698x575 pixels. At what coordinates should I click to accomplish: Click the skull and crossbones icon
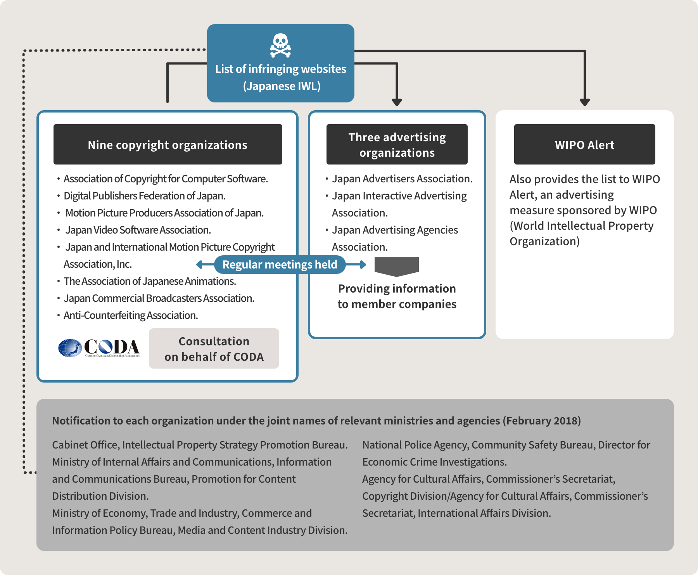pos(280,45)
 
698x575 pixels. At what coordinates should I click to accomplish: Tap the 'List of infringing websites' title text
pos(281,69)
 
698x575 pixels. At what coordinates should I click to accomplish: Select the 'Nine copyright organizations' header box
pos(168,144)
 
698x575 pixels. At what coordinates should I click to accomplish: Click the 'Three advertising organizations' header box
pos(397,144)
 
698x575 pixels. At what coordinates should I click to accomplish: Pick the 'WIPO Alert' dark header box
pos(585,144)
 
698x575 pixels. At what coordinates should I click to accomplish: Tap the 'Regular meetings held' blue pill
pos(280,265)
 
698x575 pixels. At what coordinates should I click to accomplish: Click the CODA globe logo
pos(70,348)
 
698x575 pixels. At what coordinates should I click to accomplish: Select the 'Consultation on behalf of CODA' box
pos(214,348)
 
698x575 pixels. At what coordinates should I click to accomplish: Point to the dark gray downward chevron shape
pos(397,267)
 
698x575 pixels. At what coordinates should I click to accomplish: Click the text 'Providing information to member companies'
pos(397,296)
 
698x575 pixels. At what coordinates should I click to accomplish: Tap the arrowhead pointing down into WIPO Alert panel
pos(585,102)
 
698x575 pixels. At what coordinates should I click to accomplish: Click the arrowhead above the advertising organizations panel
pos(397,102)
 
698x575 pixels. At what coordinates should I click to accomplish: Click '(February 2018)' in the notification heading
pos(542,421)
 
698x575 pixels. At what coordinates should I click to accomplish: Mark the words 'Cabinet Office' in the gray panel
pos(85,445)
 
